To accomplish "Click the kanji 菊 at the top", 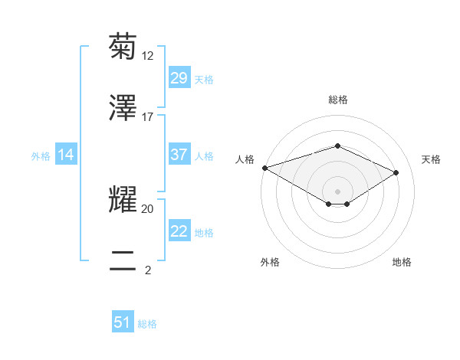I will click(123, 46).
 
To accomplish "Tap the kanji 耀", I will click(123, 198).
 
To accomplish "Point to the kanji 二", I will click(123, 260).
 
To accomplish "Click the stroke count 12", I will click(148, 56).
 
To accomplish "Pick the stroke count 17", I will click(148, 117).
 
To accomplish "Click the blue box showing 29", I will click(179, 78).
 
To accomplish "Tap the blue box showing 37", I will click(179, 155).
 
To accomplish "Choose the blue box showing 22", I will click(179, 231).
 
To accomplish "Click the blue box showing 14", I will click(66, 155).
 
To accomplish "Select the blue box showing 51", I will click(123, 322).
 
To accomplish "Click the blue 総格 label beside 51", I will click(147, 323).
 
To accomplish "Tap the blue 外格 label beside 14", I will click(41, 155).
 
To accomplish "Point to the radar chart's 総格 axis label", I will click(337, 100).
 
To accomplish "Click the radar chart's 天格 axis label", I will click(432, 159).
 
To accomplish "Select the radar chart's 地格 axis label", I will click(402, 262).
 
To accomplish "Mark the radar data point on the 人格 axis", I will click(264, 168).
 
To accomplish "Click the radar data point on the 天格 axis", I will click(396, 172).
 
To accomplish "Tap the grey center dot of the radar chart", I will click(337, 191).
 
